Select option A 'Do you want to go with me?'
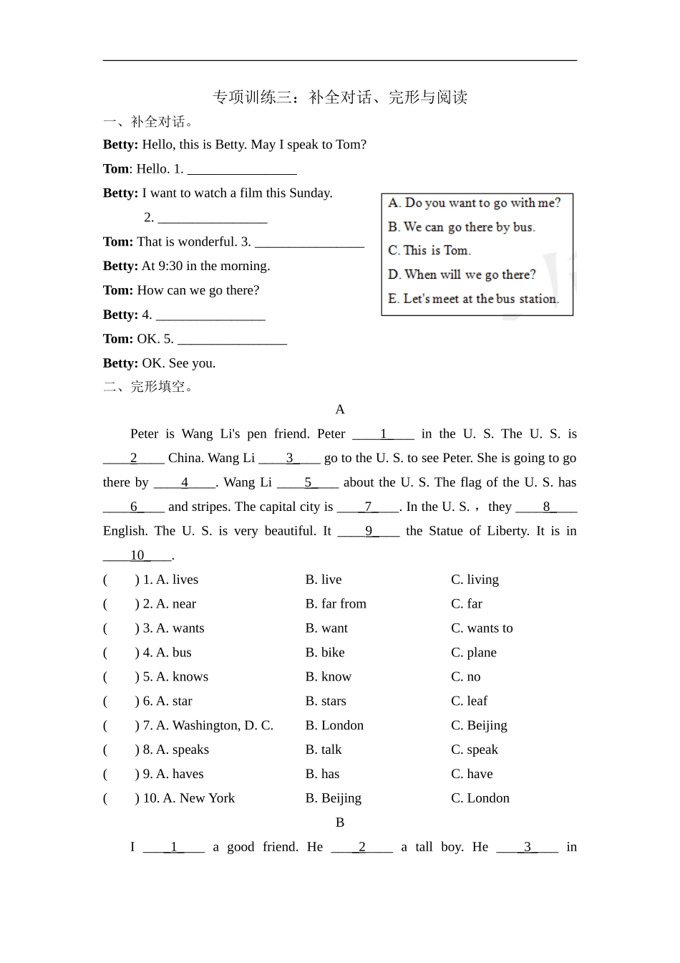tap(475, 203)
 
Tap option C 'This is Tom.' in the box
tap(429, 251)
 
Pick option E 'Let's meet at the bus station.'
tap(473, 299)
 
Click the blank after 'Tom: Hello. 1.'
tap(242, 170)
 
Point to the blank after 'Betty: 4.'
tap(210, 315)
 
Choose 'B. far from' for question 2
tap(336, 604)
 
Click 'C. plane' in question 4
tap(473, 653)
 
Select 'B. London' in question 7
tap(334, 726)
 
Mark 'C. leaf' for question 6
tap(469, 701)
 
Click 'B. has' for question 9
tap(322, 774)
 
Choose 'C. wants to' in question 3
tap(482, 628)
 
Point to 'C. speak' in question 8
tap(474, 749)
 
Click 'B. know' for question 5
tap(328, 677)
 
